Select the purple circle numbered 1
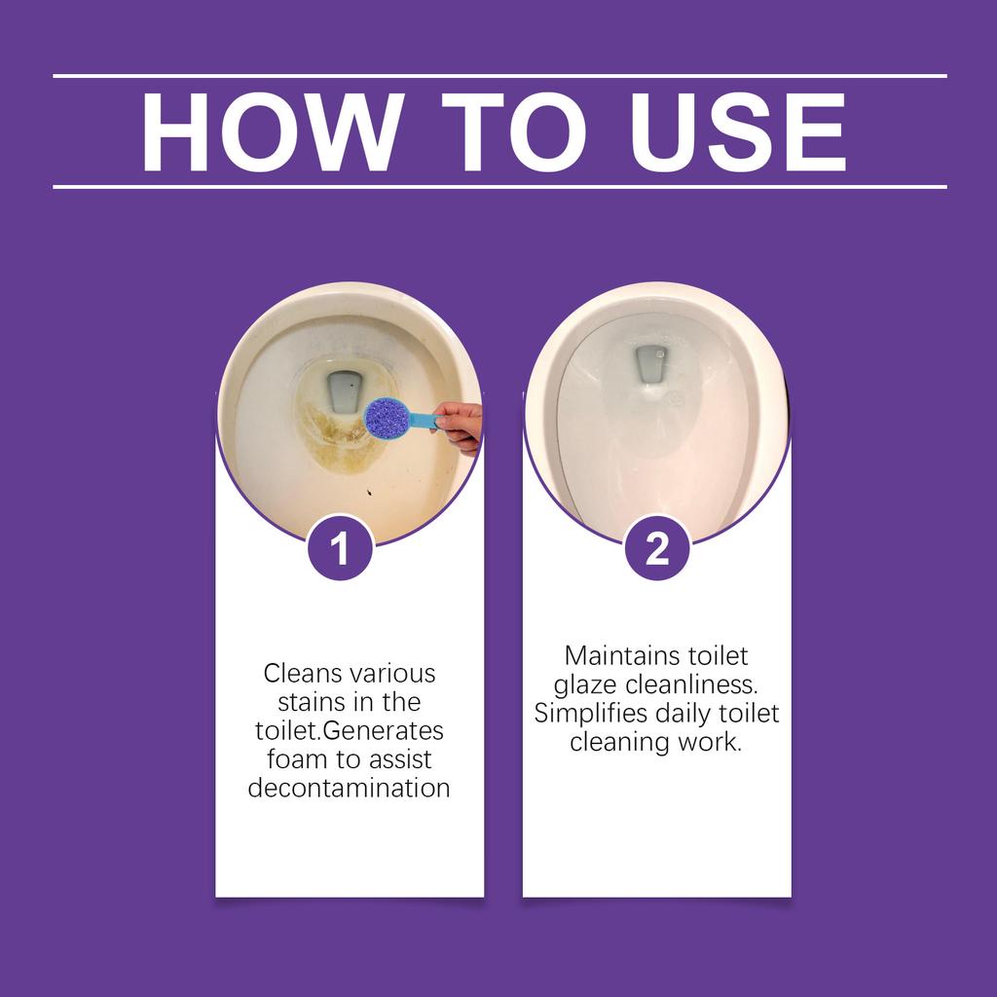339,550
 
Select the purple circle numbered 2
657,550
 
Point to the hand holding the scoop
460,425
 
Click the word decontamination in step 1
349,787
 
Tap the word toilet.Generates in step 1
348,730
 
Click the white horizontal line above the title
499,75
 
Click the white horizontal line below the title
499,185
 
